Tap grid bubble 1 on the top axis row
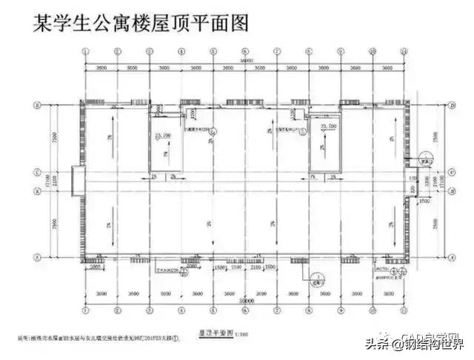(86, 51)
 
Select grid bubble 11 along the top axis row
(404, 51)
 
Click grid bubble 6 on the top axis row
(245, 51)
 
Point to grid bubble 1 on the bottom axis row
(86, 304)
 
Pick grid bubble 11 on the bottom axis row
(404, 304)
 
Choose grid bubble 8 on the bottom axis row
(309, 304)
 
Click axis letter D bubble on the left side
(36, 106)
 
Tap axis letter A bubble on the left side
(36, 256)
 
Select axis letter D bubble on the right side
(452, 106)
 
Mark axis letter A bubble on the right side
(452, 256)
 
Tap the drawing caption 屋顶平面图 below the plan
(210, 335)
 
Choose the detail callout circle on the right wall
(424, 158)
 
